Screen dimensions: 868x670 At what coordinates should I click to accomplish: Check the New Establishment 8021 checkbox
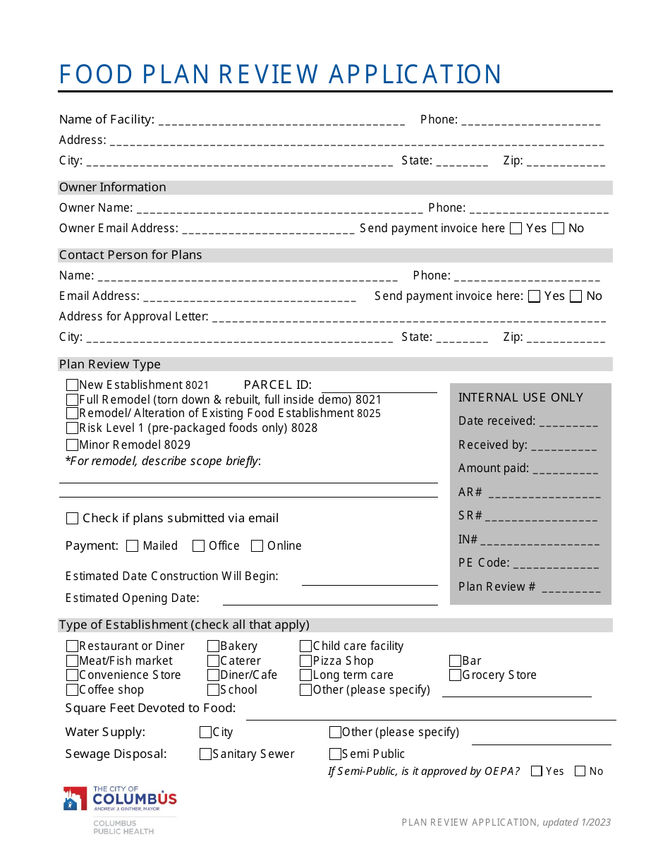coord(72,385)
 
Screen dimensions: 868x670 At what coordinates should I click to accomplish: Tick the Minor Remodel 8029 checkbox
coord(72,445)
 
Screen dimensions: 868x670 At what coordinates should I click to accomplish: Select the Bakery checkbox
coord(213,646)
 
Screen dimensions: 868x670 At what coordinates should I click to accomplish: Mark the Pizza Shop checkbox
coord(305,661)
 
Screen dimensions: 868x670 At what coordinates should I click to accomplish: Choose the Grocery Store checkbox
coord(456,675)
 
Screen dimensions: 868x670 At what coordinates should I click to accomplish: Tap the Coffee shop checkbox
coord(72,690)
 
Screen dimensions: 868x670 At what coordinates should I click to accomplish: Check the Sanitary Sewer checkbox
coord(205,754)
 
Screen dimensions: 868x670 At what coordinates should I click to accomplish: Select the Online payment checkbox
coord(257,545)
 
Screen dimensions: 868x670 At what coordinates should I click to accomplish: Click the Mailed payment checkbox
coord(133,545)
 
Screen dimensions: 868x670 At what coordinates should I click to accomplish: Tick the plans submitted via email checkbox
coord(72,518)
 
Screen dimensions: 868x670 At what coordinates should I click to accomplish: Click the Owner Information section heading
coord(113,187)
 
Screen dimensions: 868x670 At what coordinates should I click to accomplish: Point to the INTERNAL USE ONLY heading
coord(520,397)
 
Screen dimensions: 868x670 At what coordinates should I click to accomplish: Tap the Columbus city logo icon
coord(75,799)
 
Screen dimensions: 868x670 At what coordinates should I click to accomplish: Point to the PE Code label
coord(483,562)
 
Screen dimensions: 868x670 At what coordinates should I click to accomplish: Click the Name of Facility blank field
coord(281,120)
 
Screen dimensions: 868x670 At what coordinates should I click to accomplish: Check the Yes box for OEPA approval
coord(537,771)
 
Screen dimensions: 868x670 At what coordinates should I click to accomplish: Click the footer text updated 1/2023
coord(576,822)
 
